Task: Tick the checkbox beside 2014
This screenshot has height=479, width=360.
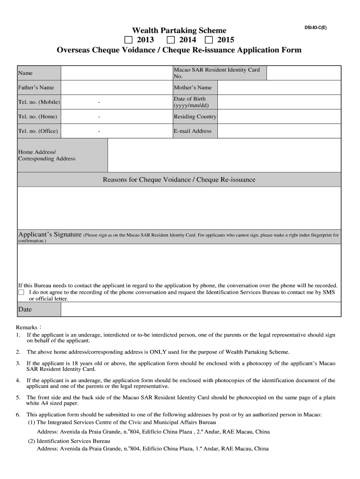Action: click(171, 40)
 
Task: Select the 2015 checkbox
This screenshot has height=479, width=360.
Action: click(209, 40)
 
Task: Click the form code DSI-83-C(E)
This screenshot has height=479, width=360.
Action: click(316, 28)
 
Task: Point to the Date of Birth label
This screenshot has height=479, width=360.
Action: click(189, 102)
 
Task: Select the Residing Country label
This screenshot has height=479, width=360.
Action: click(195, 116)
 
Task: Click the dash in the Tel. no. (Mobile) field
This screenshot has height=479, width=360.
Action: click(99, 102)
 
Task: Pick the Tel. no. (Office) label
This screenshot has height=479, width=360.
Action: click(38, 131)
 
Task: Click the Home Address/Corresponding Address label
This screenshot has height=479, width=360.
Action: click(47, 155)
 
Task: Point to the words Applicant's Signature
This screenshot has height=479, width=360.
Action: click(50, 234)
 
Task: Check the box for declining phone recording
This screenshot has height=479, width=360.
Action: click(21, 292)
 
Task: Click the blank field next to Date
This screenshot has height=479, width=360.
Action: click(201, 309)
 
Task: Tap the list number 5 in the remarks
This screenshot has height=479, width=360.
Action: click(18, 398)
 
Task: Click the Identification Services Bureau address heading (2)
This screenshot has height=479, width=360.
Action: click(69, 441)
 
